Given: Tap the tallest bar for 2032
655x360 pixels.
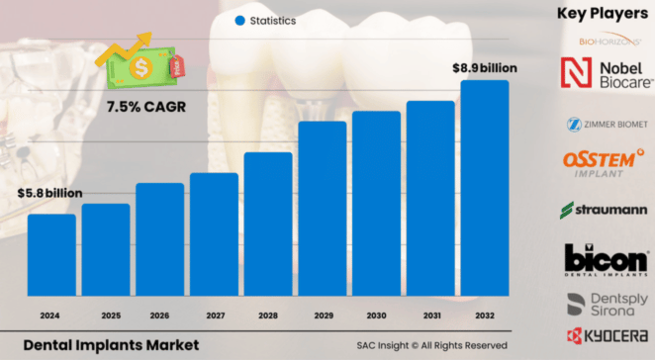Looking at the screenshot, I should (x=485, y=187).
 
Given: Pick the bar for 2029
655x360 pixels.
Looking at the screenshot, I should (x=323, y=207).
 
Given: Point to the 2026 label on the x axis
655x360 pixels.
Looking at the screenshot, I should (x=160, y=315).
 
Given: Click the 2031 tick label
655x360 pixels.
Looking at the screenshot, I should (x=430, y=315).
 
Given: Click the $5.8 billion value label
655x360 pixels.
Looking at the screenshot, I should (x=50, y=193).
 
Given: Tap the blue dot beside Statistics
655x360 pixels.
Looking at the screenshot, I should (x=239, y=20).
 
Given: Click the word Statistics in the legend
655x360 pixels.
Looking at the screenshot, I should (x=273, y=20).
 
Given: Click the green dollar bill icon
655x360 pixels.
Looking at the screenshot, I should (x=141, y=64).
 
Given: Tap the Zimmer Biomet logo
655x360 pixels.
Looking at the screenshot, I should (x=601, y=125).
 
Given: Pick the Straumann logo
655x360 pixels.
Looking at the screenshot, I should (x=601, y=209).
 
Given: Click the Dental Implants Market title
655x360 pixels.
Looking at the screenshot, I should (x=110, y=344).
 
